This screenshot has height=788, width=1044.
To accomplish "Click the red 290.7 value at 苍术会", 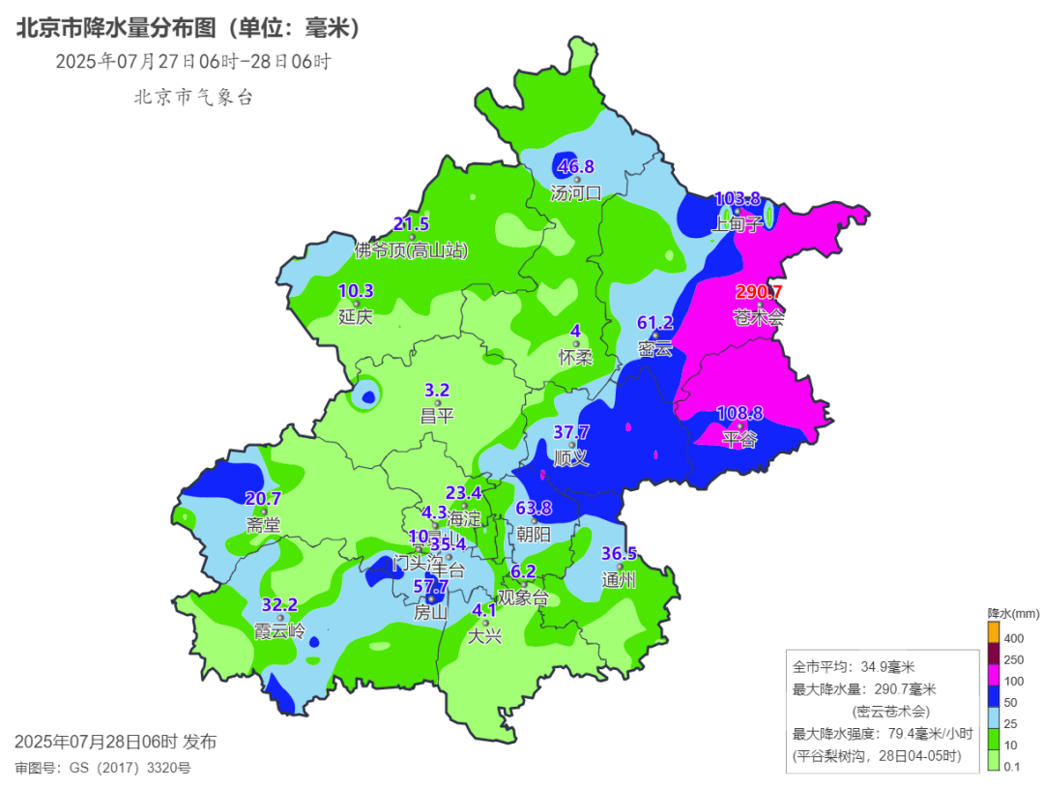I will pos(759,292).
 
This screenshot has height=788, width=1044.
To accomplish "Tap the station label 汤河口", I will pos(576,192).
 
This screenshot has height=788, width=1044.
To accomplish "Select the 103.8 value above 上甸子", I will pos(737,199).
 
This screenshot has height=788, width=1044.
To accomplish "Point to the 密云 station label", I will pos(654,348).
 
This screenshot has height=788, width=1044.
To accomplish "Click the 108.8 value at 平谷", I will pos(739,414).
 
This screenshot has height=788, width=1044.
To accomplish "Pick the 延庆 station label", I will pos(356,316).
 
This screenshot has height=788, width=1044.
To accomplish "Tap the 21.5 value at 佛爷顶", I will pos(411,224).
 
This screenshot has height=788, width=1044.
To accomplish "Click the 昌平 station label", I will pos(437,416).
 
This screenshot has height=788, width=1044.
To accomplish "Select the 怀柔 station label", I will pos(575,357).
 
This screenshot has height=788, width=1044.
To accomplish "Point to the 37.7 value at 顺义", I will pos(571,432).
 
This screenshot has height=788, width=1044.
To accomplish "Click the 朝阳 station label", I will pos(534,534).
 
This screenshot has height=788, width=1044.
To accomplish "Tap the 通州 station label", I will pos(619,580).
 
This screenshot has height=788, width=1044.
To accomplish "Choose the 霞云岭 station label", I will pos(280,630).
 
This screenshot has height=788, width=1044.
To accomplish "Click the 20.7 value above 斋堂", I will pos(263,499).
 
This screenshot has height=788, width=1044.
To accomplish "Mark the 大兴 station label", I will pos(485,636).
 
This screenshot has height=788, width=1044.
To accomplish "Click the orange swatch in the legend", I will pos(993,631).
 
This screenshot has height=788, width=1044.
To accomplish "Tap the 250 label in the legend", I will pos(1015,660).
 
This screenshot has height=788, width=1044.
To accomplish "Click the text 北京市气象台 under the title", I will pos(193,97).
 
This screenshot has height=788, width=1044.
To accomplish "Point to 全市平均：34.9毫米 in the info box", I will pos(854,667).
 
